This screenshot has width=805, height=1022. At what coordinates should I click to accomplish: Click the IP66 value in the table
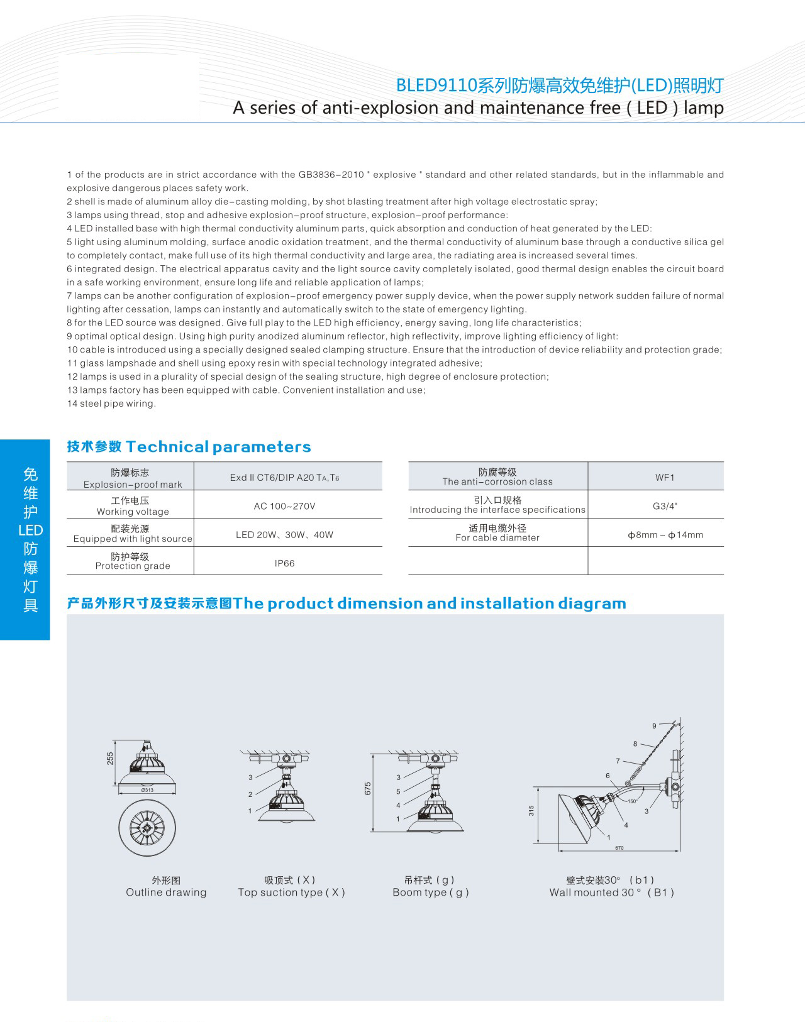[284, 563]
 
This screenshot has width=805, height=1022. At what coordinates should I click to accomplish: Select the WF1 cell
[664, 478]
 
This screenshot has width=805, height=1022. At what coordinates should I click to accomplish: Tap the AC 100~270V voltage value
[284, 506]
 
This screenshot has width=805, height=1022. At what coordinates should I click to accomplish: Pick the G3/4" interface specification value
[665, 506]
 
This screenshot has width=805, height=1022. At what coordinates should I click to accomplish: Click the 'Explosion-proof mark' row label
[132, 485]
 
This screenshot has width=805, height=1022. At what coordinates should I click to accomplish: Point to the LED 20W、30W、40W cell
[284, 535]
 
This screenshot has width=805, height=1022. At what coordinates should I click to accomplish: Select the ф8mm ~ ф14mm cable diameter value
[665, 535]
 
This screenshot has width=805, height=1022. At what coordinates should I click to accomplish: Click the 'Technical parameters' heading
[218, 447]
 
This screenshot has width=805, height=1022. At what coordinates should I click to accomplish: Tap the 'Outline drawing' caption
[166, 893]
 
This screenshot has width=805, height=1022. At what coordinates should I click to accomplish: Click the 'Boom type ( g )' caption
[431, 893]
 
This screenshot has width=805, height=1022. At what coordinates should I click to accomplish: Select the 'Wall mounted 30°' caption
[611, 893]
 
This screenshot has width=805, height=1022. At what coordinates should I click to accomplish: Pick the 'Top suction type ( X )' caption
[291, 893]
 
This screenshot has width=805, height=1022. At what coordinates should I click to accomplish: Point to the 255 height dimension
[111, 758]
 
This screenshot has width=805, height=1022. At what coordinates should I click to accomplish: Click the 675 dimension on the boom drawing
[368, 788]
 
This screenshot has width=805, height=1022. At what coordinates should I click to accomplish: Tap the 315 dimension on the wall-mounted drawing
[531, 811]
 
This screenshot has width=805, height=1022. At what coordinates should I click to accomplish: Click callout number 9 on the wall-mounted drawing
[654, 726]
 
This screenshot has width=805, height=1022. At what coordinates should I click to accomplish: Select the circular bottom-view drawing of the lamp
[147, 828]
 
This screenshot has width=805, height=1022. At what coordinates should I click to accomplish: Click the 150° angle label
[631, 801]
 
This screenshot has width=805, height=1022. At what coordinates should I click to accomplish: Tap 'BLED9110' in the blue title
[436, 86]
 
